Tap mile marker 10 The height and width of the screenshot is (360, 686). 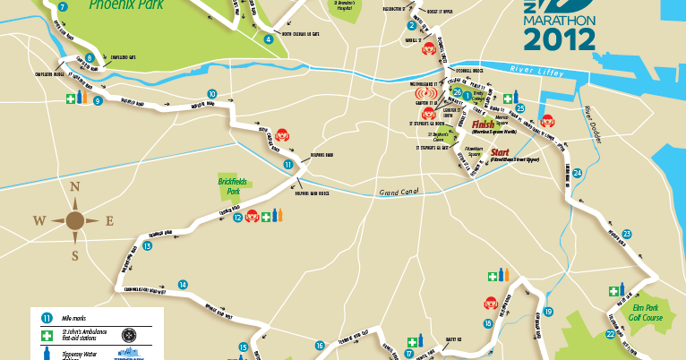tap(211, 93)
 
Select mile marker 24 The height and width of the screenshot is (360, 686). tap(578, 173)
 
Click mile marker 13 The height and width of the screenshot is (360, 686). tap(147, 245)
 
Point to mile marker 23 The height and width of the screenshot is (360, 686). tap(627, 234)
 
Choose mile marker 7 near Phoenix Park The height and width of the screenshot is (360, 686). tap(62, 7)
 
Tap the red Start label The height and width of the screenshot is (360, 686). tap(501, 152)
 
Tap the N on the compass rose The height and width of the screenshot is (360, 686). tap(75, 187)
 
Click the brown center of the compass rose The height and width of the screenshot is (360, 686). tap(75, 219)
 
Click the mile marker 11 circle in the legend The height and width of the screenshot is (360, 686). tap(47, 316)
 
